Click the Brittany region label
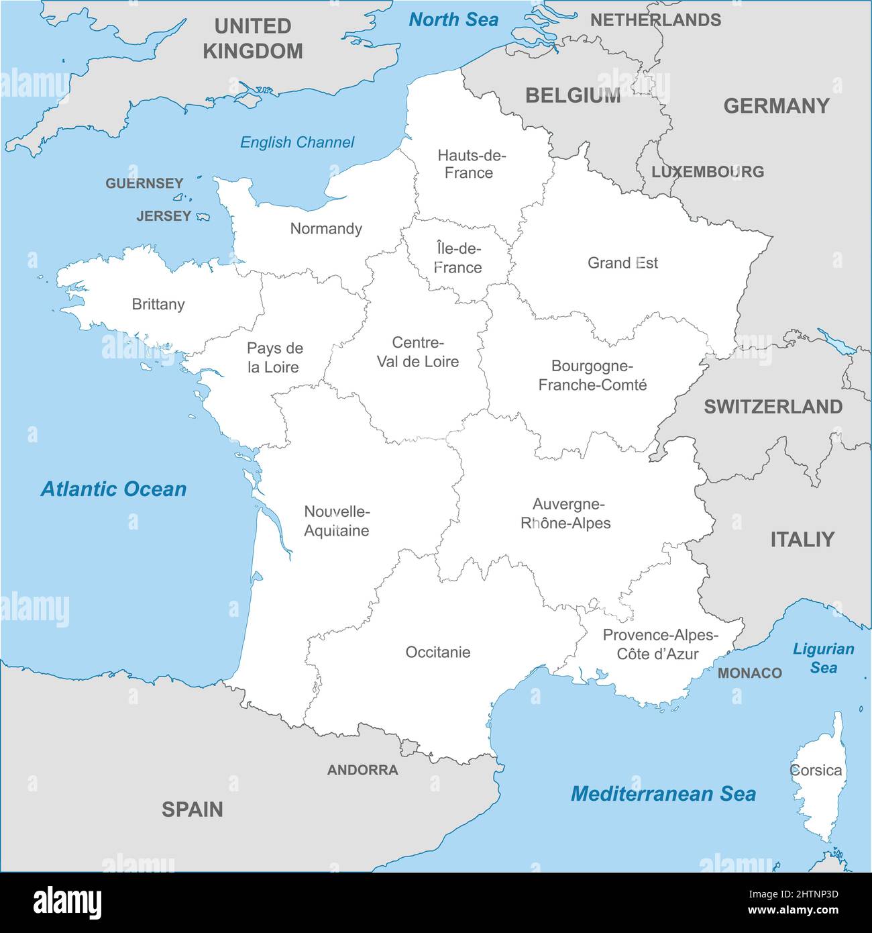click(x=158, y=305)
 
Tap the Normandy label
click(x=326, y=229)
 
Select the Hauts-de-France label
click(x=471, y=164)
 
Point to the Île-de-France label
click(x=458, y=258)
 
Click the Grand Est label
click(x=622, y=263)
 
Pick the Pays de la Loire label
click(x=274, y=358)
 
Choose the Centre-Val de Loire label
click(x=418, y=352)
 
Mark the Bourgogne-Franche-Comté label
click(x=592, y=376)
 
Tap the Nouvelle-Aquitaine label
click(x=337, y=522)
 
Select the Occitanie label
click(x=438, y=652)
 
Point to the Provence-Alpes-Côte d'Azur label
click(x=659, y=644)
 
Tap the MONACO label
click(x=750, y=673)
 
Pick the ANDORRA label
click(x=363, y=771)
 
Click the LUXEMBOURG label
click(x=708, y=172)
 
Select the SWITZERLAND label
click(x=773, y=407)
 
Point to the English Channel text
click(x=297, y=142)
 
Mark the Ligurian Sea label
click(x=823, y=658)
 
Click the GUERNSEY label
click(x=144, y=183)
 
